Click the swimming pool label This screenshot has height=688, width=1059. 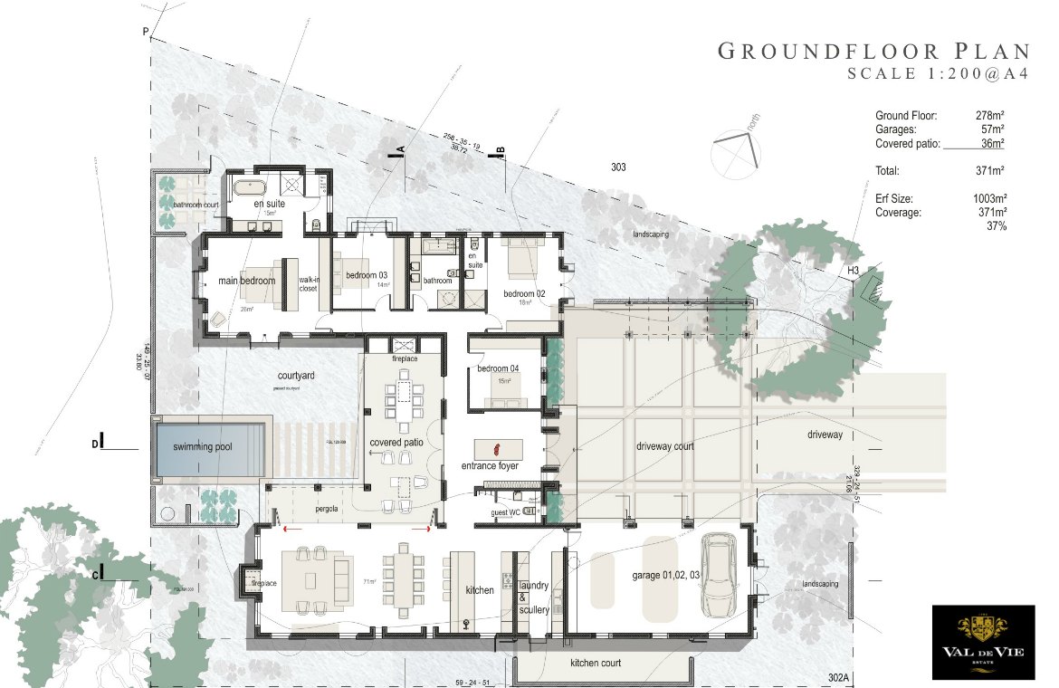[x=209, y=446]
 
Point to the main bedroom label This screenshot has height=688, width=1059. [x=247, y=281]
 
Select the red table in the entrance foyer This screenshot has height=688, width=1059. [x=494, y=447]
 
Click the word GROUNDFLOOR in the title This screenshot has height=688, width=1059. [x=825, y=51]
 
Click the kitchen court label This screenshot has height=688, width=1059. [x=596, y=664]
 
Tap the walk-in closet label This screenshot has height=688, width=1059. [x=309, y=285]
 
